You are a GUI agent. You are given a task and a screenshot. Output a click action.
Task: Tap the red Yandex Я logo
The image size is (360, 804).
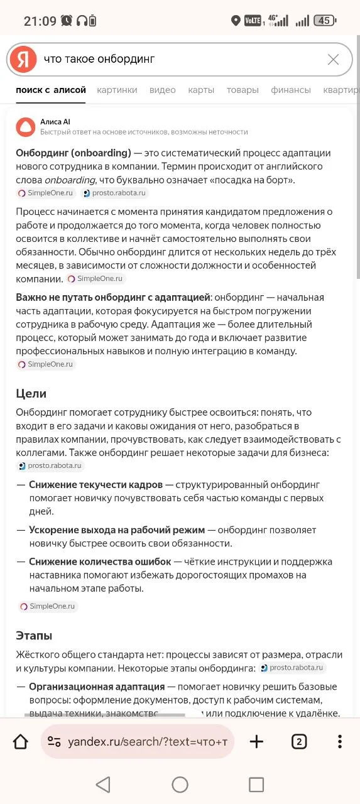click(23, 60)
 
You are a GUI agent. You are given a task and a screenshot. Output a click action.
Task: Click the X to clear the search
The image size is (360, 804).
click(333, 60)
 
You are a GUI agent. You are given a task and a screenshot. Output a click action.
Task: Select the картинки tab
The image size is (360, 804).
click(117, 90)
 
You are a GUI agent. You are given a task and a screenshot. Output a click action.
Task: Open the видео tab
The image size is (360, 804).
click(163, 90)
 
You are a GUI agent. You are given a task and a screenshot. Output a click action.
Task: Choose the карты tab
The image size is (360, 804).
click(201, 90)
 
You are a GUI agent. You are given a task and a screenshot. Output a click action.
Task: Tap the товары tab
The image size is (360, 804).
click(243, 90)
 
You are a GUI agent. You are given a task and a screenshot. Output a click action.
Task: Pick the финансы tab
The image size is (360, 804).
click(291, 90)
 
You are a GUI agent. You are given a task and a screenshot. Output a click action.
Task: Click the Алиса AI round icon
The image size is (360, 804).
click(26, 127)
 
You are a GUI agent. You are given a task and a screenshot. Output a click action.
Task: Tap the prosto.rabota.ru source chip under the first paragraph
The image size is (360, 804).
click(115, 193)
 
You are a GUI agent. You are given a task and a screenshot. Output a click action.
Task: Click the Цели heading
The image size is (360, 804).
click(31, 394)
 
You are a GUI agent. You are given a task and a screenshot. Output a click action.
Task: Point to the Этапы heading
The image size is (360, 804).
click(34, 636)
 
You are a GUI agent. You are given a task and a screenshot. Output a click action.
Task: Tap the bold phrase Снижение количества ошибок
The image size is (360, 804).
click(100, 562)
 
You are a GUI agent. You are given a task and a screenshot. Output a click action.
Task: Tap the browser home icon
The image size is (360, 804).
click(21, 742)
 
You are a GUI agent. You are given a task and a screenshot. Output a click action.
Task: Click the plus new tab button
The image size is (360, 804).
click(256, 742)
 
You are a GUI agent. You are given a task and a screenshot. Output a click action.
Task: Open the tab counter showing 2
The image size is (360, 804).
click(299, 742)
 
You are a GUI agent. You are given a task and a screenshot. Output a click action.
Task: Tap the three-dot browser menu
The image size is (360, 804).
click(339, 742)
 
